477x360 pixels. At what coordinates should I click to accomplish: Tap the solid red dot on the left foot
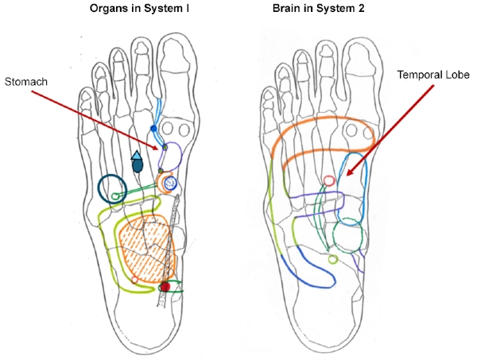pos(165,286)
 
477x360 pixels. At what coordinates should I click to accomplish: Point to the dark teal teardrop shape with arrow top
pos(138,162)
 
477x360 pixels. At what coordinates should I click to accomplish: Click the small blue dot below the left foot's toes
pos(153,128)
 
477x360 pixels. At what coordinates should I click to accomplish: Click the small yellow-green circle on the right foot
pos(333,257)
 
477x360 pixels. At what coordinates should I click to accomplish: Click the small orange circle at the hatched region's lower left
pos(134,279)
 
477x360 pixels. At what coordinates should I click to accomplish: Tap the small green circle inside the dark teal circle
pos(118,195)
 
